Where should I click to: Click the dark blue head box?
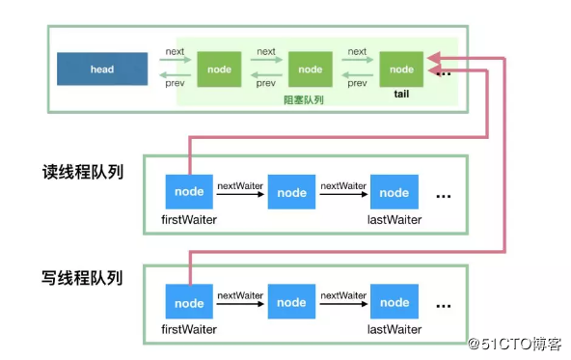tap(101, 69)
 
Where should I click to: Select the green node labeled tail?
tap(401, 69)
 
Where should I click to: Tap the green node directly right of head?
tap(219, 69)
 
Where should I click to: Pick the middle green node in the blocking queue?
tap(310, 69)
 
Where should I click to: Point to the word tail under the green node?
tap(401, 96)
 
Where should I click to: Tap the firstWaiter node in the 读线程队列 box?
tap(189, 192)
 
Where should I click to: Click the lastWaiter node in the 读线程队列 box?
tap(394, 192)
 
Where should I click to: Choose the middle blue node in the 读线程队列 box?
tap(291, 192)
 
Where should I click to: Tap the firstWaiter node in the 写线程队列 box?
tap(189, 302)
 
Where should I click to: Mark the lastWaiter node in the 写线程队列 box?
tap(394, 302)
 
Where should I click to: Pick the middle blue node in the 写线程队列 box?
tap(291, 302)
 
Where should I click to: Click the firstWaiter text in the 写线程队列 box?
tap(189, 329)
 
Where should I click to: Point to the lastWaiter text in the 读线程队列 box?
tap(394, 219)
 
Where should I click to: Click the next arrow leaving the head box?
tap(174, 60)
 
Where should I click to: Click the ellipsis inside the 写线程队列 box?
tap(444, 304)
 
